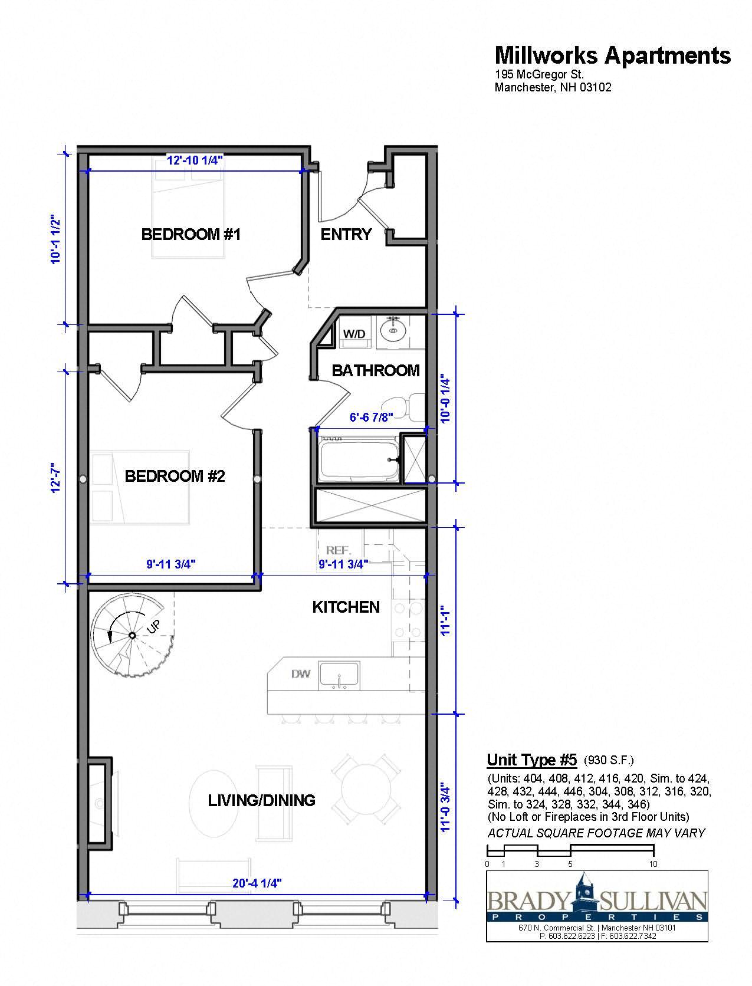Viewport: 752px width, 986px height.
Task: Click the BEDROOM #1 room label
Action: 191,234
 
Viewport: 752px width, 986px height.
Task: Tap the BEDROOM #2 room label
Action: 175,476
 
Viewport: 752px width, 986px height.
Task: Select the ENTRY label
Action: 346,234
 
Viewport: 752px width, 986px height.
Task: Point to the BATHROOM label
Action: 376,370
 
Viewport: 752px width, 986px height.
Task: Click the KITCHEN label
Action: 346,607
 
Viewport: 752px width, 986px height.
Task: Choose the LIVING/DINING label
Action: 261,800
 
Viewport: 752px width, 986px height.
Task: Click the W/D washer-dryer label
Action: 354,334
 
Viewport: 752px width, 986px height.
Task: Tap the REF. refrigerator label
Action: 339,550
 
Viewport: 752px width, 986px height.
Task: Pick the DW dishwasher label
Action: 301,674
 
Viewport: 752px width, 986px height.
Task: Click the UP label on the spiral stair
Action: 153,627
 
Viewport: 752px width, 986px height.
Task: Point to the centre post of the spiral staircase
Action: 133,635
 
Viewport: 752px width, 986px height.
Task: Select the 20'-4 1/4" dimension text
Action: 257,883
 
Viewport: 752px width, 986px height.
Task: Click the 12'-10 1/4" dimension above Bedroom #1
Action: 195,160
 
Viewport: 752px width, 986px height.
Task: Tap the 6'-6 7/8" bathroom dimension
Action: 372,418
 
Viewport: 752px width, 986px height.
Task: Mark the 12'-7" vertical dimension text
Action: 55,478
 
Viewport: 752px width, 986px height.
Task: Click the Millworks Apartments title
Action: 613,55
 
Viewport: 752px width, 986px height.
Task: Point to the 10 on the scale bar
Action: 653,864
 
